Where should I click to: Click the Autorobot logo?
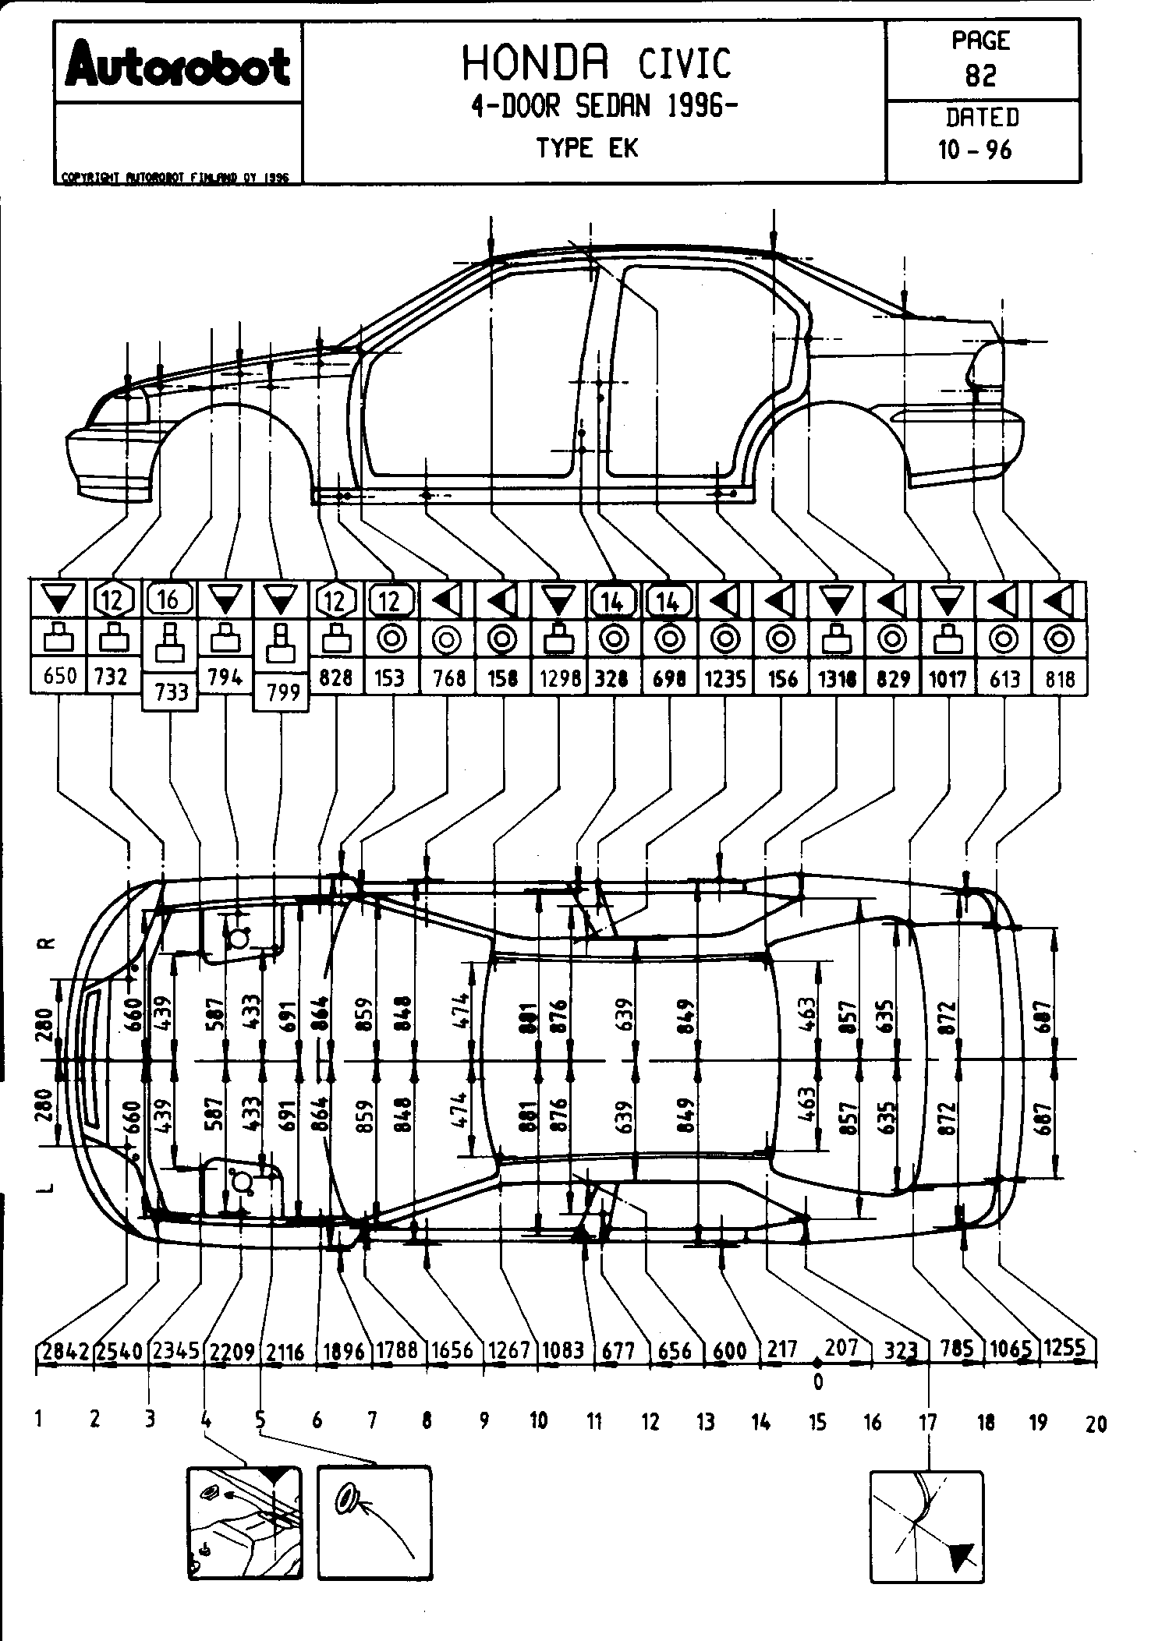pos(178,65)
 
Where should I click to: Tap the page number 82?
pos(981,75)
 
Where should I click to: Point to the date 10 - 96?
pos(976,150)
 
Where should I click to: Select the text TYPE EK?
pos(587,148)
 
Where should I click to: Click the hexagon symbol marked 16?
pos(168,599)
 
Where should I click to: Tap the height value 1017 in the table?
pos(948,679)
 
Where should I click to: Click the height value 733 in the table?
pos(172,692)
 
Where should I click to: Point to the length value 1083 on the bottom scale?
pos(563,1349)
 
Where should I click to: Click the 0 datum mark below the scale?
pos(817,1381)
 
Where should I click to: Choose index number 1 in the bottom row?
pos(38,1419)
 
